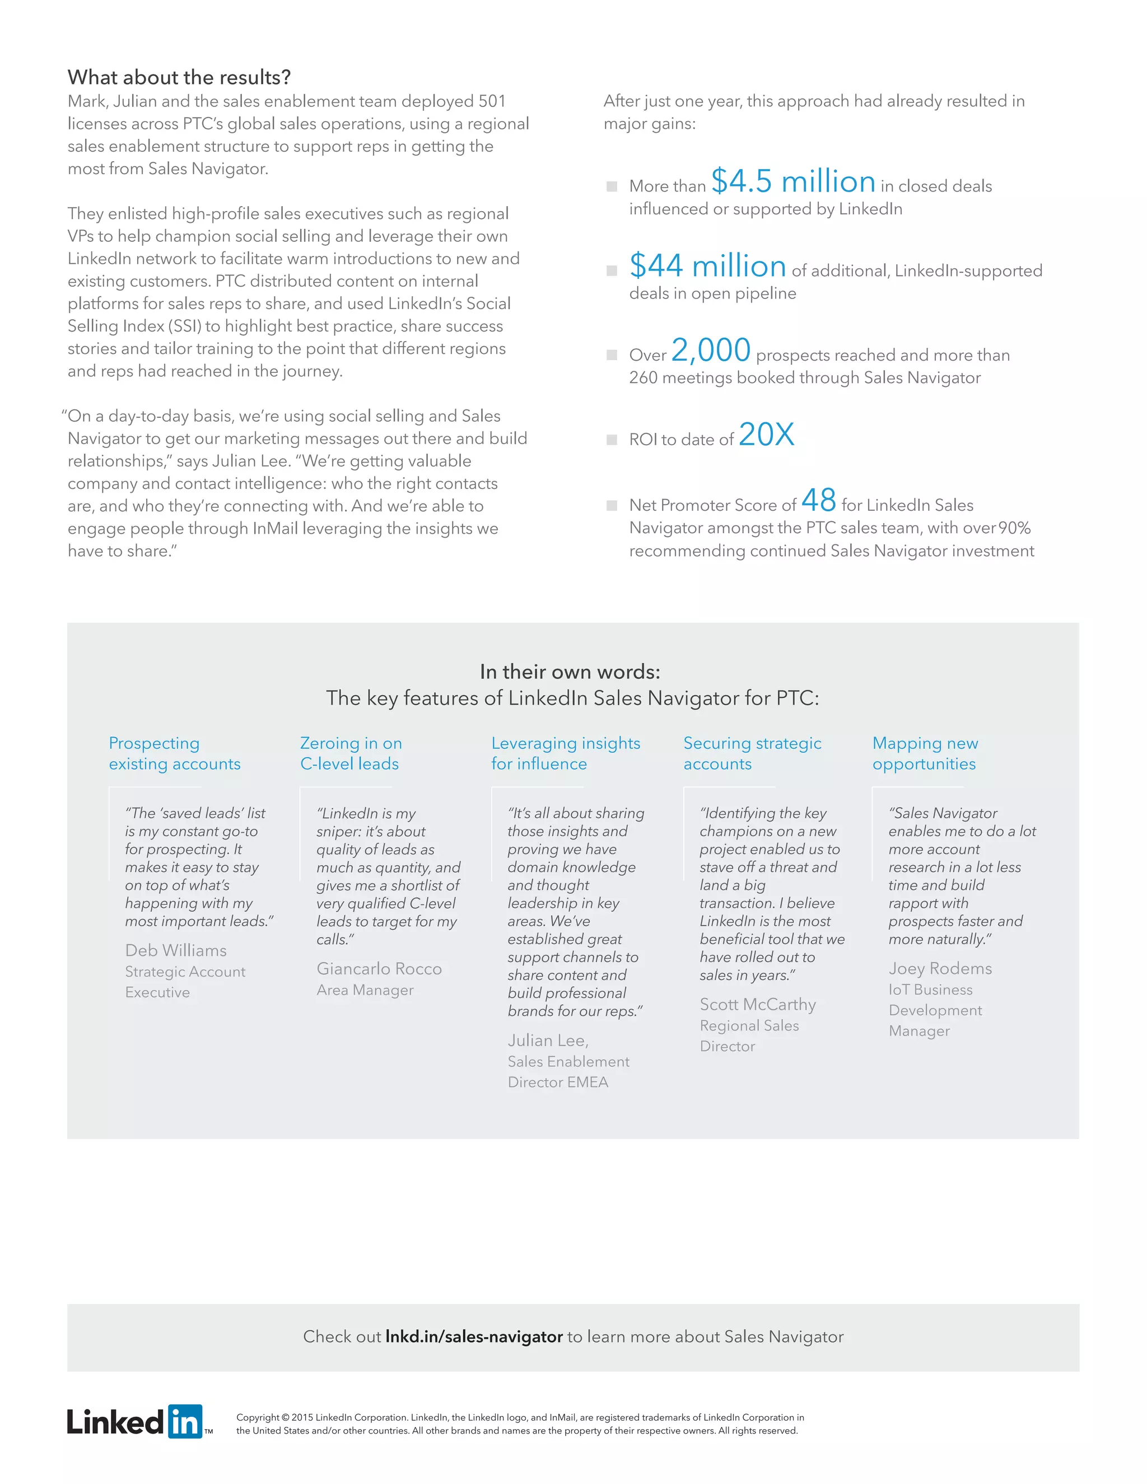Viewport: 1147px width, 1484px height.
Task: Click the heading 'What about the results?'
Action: click(x=179, y=77)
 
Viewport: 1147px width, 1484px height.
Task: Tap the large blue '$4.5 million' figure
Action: click(x=793, y=181)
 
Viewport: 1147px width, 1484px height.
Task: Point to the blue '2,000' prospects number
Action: click(x=711, y=351)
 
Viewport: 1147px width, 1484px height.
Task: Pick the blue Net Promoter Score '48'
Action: click(x=818, y=501)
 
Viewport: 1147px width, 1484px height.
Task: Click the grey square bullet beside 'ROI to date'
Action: click(x=612, y=440)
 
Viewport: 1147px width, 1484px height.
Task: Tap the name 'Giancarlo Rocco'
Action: click(x=379, y=968)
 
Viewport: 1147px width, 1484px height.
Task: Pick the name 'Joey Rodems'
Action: click(x=940, y=968)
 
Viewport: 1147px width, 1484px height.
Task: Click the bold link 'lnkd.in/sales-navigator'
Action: click(x=474, y=1337)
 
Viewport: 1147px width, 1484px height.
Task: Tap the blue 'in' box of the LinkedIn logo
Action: click(x=185, y=1421)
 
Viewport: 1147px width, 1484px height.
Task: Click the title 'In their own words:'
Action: click(x=570, y=672)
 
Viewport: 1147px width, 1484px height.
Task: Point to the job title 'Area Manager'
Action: click(x=365, y=990)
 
